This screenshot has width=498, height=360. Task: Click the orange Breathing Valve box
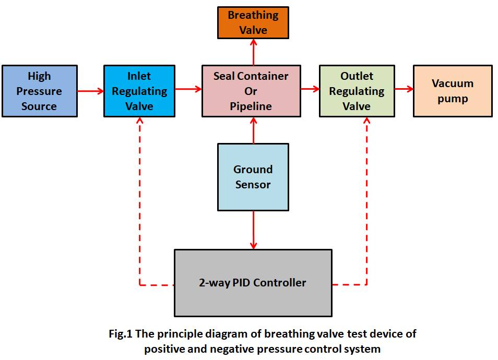point(253,23)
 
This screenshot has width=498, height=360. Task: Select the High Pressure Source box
point(39,91)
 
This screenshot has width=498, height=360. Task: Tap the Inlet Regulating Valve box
point(139,91)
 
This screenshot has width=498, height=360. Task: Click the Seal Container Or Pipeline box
point(251,91)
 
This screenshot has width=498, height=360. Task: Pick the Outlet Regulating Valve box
point(357,91)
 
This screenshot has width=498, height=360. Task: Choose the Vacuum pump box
point(453,91)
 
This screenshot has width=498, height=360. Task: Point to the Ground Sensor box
point(253,177)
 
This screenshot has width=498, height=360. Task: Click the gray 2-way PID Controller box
point(253,283)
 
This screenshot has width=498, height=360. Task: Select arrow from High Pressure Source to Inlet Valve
point(90,91)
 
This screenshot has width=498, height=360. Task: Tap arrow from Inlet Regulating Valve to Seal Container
point(188,89)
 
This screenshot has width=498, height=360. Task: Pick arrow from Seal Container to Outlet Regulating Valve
point(310,89)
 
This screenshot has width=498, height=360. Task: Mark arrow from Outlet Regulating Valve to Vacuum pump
point(404,89)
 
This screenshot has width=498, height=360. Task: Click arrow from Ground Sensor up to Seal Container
point(254,130)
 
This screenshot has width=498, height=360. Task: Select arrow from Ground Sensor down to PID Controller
point(254,230)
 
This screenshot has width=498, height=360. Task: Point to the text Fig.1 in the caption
point(121,334)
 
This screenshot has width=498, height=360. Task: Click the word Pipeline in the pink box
point(251,106)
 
